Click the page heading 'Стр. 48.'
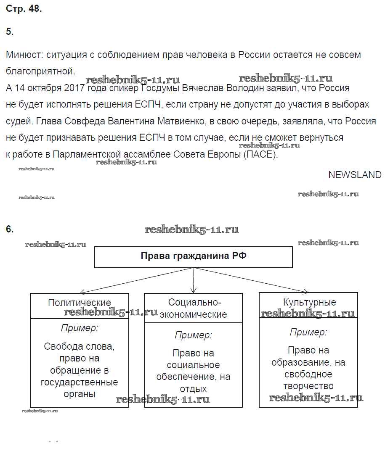pyautogui.click(x=24, y=9)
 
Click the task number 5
pyautogui.click(x=10, y=32)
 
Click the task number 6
pyautogui.click(x=10, y=229)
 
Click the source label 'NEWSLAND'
pyautogui.click(x=355, y=175)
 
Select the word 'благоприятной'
pyautogui.click(x=40, y=71)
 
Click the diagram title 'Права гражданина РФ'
pyautogui.click(x=193, y=256)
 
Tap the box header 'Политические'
pyautogui.click(x=80, y=303)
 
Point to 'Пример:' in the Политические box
pyautogui.click(x=80, y=328)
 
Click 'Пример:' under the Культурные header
pyautogui.click(x=308, y=332)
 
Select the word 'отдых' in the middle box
pyautogui.click(x=193, y=389)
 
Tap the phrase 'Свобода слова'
pyautogui.click(x=79, y=347)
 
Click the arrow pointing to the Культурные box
pyautogui.click(x=305, y=290)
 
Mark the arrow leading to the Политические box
pyautogui.click(x=82, y=292)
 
